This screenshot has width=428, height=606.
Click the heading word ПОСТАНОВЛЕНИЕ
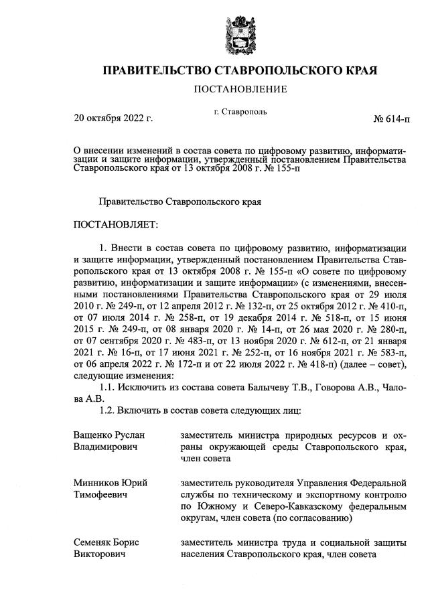pyautogui.click(x=240, y=89)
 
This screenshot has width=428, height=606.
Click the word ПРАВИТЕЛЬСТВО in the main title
pyautogui.click(x=156, y=70)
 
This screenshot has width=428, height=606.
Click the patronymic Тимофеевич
pyautogui.click(x=102, y=494)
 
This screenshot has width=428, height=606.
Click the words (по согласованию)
pyautogui.click(x=302, y=518)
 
